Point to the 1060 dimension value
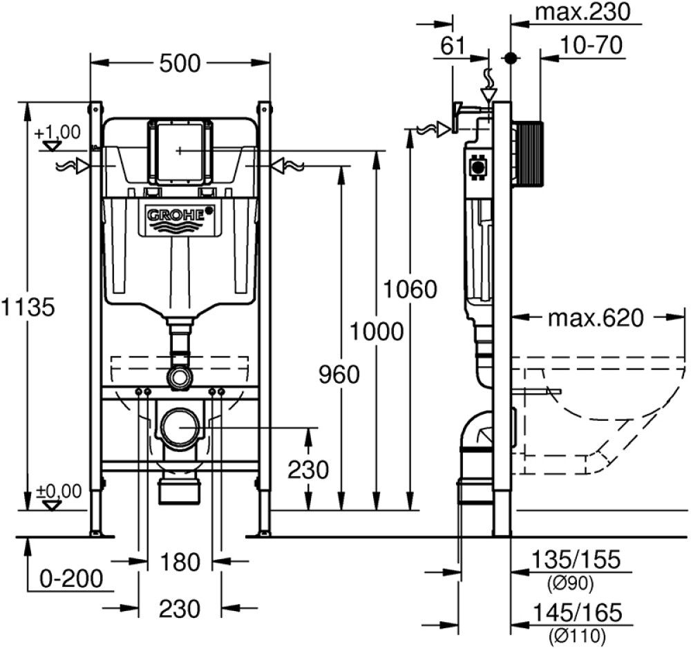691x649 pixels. click(x=412, y=289)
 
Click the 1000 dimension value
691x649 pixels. click(x=376, y=332)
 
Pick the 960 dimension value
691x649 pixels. click(x=339, y=375)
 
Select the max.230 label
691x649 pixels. click(x=583, y=12)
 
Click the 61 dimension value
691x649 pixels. click(x=452, y=46)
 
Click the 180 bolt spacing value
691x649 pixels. click(x=180, y=562)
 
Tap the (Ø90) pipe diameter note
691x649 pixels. click(x=570, y=584)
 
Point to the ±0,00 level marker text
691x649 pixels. click(x=59, y=491)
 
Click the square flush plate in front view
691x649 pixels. click(x=179, y=151)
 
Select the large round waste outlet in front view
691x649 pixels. click(x=180, y=428)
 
